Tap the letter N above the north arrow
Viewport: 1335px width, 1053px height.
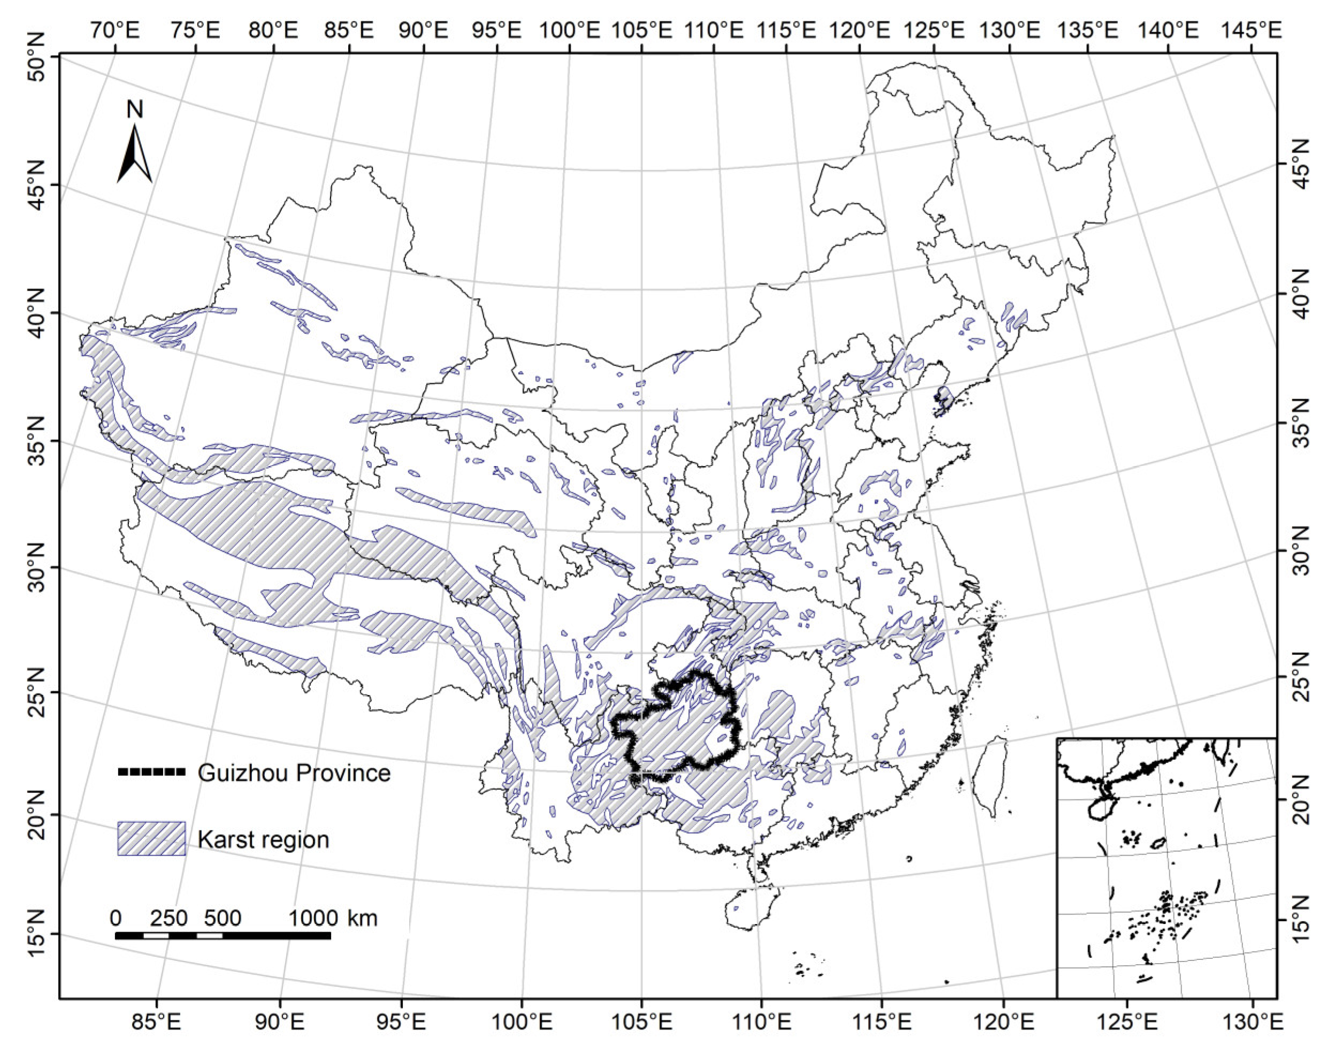134,110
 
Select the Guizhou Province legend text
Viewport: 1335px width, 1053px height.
294,773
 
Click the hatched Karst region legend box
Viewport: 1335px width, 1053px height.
151,838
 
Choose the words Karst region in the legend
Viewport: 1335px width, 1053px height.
263,840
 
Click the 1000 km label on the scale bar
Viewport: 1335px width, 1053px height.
333,918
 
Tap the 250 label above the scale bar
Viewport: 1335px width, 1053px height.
169,918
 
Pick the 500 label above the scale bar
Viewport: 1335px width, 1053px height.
223,918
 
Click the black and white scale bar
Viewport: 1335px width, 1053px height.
223,935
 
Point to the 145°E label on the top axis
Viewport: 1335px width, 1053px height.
1251,29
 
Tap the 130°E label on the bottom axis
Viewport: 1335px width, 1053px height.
1251,1022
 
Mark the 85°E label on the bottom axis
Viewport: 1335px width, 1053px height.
157,1022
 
